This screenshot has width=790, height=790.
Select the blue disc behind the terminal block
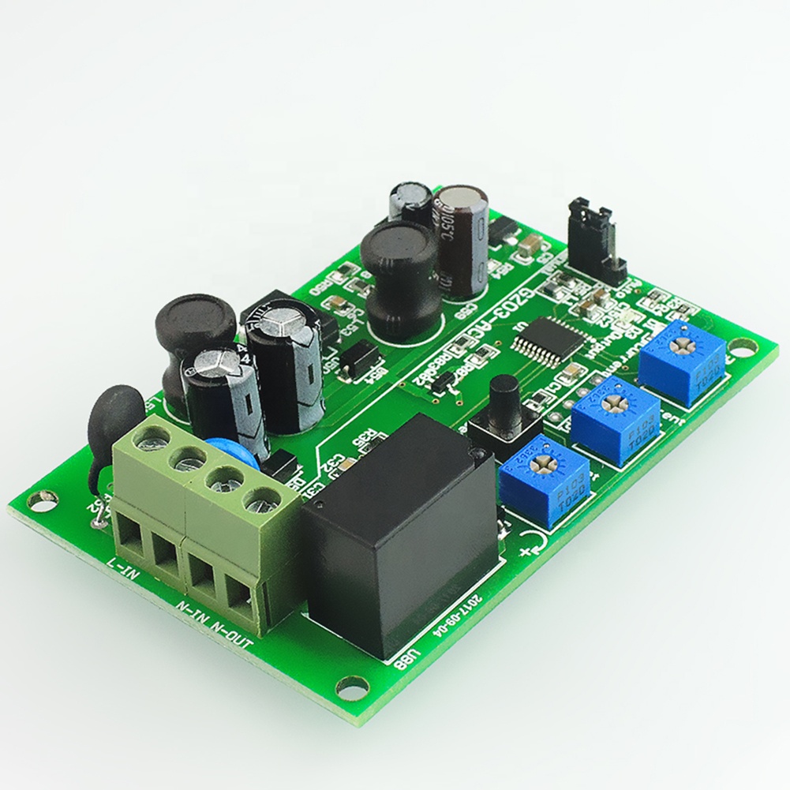[230, 456]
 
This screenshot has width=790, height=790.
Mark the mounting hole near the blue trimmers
[741, 345]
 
